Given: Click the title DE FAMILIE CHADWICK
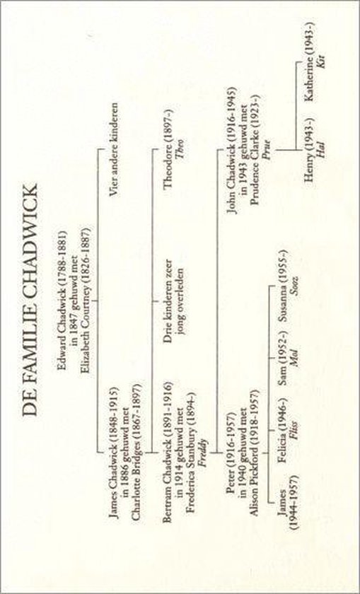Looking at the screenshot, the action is (x=30, y=300).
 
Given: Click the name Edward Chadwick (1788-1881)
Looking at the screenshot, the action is (x=62, y=300).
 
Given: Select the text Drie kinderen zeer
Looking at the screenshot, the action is (x=168, y=301).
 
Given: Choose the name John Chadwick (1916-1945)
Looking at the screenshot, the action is (x=232, y=151).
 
